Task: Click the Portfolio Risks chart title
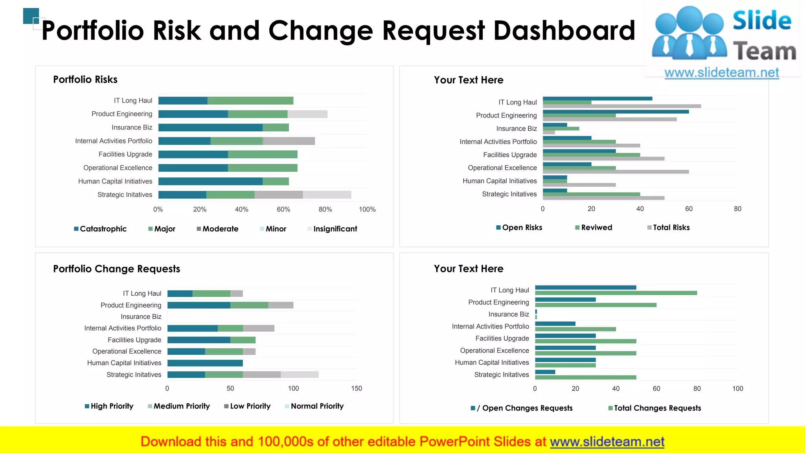[x=85, y=79]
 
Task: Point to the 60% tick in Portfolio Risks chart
[x=283, y=210]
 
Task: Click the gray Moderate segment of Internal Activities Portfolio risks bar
[x=289, y=141]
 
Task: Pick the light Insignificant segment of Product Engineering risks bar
[x=307, y=114]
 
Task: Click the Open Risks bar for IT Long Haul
[x=597, y=99]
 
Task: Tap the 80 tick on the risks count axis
[x=737, y=209]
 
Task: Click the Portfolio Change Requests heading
[x=116, y=269]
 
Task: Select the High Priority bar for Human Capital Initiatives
[x=205, y=363]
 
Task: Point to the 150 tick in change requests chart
[x=357, y=389]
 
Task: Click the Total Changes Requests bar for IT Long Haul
[x=616, y=293]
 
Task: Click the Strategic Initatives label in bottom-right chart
[x=502, y=375]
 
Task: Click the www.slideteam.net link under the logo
[x=721, y=73]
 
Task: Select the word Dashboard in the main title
[x=564, y=31]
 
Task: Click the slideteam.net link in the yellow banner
[x=607, y=442]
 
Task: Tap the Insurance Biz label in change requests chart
[x=141, y=317]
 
